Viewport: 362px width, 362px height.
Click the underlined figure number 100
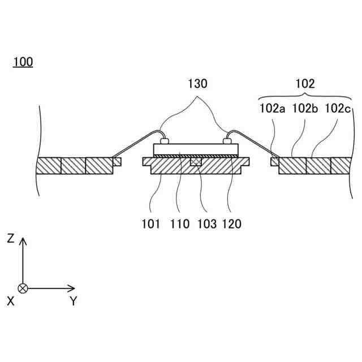click(23, 62)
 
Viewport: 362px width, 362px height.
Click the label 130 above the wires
click(197, 84)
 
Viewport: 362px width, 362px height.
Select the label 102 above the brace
click(305, 84)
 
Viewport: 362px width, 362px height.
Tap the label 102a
click(272, 109)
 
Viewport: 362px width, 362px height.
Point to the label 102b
click(305, 109)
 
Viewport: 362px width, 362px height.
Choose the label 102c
click(338, 109)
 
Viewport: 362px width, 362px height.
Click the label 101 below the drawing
click(152, 224)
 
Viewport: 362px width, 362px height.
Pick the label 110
click(179, 224)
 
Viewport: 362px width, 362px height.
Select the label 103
click(206, 224)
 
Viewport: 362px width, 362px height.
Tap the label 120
click(232, 224)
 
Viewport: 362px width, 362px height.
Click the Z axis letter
click(10, 239)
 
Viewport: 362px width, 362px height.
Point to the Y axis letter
click(73, 301)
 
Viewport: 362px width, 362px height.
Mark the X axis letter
click(10, 301)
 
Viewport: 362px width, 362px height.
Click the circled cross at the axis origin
click(23, 288)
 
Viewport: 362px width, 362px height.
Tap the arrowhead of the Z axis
click(23, 240)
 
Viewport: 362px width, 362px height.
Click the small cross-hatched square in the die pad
click(195, 162)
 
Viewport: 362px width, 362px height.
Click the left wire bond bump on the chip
click(165, 141)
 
